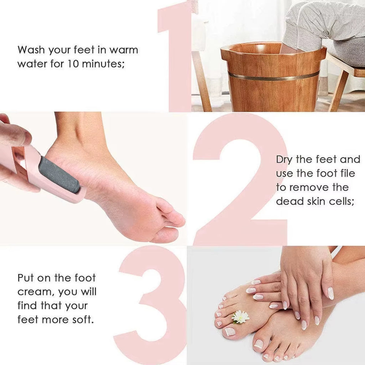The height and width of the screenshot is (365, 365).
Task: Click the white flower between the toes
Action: (240, 317)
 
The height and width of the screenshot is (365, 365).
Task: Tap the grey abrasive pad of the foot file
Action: (59, 175)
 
